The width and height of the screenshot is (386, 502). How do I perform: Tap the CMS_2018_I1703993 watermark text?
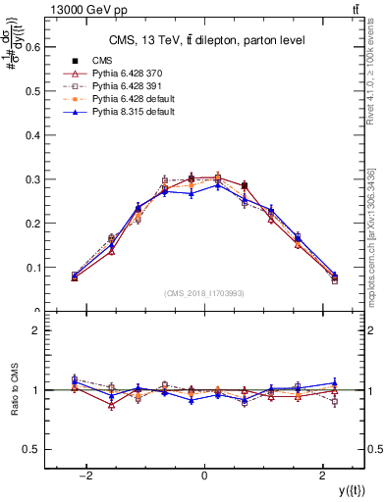(203, 293)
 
